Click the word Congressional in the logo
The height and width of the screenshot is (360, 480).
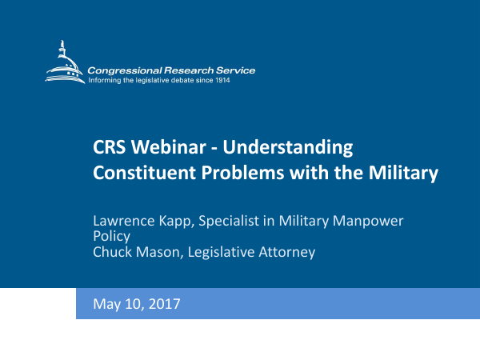point(121,70)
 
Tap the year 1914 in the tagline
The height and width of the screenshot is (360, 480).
point(220,80)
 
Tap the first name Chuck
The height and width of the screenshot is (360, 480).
point(113,252)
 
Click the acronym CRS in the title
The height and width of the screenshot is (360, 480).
point(108,148)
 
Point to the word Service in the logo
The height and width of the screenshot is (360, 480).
point(237,70)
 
